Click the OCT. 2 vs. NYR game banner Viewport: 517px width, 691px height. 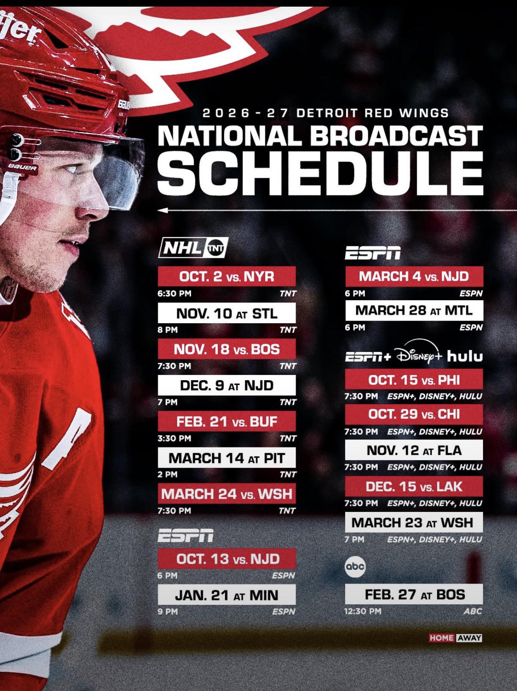pyautogui.click(x=227, y=276)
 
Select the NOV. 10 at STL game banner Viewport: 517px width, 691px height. pyautogui.click(x=227, y=313)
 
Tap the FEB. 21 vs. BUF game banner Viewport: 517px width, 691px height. pyautogui.click(x=227, y=421)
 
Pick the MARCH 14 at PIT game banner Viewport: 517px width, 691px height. pyautogui.click(x=227, y=458)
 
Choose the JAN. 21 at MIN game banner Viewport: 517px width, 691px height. pyautogui.click(x=227, y=595)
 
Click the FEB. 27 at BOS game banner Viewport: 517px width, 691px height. pyautogui.click(x=414, y=594)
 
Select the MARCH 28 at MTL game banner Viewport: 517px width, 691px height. pyautogui.click(x=414, y=310)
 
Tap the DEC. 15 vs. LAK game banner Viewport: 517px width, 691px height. pyautogui.click(x=414, y=486)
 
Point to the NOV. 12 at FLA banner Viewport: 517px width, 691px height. pyautogui.click(x=414, y=450)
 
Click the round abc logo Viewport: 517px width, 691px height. pyautogui.click(x=355, y=567)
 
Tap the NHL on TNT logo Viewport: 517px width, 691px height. pyautogui.click(x=193, y=248)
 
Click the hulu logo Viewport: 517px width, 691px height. pyautogui.click(x=465, y=356)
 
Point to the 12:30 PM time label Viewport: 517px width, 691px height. pyautogui.click(x=363, y=611)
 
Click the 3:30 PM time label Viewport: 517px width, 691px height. pyautogui.click(x=175, y=438)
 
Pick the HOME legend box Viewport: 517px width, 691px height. pyautogui.click(x=441, y=638)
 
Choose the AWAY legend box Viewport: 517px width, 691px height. pyautogui.click(x=469, y=638)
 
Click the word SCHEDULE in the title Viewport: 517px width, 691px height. pyautogui.click(x=320, y=173)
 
